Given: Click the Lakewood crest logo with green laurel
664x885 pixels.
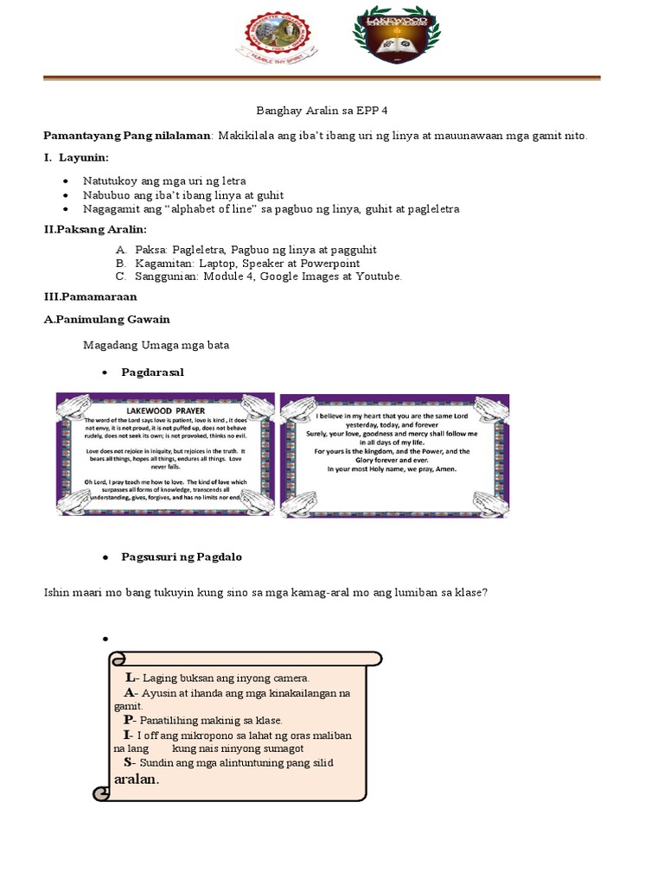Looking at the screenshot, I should (x=396, y=35).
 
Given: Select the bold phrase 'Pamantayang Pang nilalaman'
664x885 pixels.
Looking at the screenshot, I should (x=128, y=136).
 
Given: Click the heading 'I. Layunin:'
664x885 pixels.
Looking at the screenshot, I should (x=77, y=158).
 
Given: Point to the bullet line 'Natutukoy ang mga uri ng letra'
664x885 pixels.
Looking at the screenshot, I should (x=164, y=181).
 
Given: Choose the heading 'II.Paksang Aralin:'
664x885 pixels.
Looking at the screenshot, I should (x=95, y=229).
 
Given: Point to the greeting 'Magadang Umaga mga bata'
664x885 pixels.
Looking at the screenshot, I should (x=156, y=346).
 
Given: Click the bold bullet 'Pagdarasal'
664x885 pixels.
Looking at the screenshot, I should (x=153, y=372).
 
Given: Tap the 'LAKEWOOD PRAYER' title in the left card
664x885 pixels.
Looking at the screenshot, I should (x=165, y=409).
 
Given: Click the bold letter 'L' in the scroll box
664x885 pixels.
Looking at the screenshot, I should (x=130, y=678).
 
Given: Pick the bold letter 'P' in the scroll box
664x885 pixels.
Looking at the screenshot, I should (x=129, y=720).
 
